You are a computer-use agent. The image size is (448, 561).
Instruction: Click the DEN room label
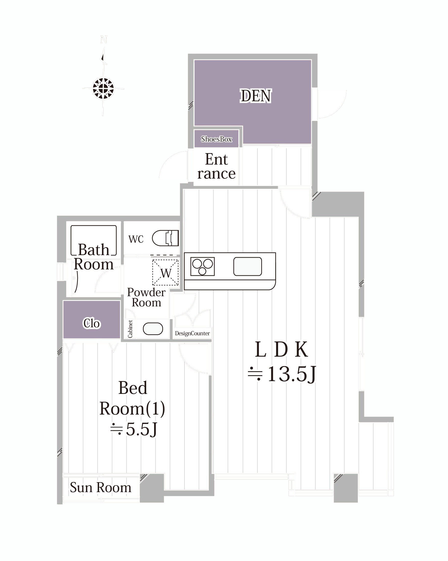tap(255, 96)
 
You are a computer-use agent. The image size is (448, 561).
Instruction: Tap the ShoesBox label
tap(216, 139)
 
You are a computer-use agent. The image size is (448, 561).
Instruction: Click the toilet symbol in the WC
tap(166, 238)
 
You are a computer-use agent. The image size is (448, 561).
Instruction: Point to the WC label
tap(136, 239)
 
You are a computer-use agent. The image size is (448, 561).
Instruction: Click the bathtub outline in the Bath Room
tap(93, 240)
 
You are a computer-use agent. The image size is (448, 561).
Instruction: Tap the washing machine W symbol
tap(166, 272)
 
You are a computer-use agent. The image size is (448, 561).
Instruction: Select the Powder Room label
tap(146, 297)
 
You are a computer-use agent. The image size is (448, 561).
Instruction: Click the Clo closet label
tap(92, 323)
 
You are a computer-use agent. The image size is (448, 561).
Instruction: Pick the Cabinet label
tap(130, 329)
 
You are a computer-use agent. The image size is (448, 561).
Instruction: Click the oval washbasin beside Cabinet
tap(153, 329)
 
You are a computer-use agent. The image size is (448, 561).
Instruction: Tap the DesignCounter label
tap(192, 333)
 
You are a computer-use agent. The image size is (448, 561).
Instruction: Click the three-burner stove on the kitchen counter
tap(202, 266)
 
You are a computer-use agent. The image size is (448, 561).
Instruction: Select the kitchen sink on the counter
tap(247, 266)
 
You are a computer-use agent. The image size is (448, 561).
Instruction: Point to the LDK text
tap(281, 350)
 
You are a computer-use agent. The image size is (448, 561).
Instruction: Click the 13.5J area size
tap(282, 375)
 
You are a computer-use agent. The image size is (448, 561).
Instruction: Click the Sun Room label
tap(101, 487)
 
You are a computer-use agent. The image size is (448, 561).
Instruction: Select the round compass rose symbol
tap(103, 89)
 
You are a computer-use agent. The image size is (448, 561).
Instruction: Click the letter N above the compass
tap(104, 40)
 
